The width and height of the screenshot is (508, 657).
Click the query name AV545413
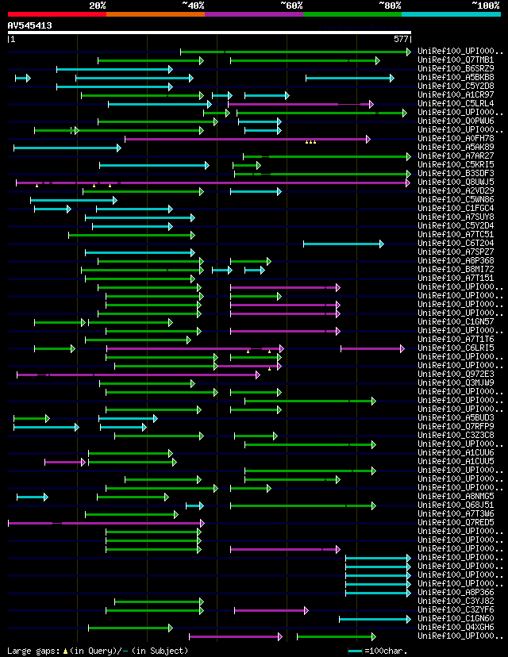30,25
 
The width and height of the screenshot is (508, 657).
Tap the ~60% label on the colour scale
291,5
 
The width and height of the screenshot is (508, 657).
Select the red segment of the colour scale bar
56,13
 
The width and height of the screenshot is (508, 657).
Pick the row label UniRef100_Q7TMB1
456,60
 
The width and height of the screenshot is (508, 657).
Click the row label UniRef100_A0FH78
456,139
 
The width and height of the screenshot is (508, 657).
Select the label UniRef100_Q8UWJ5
456,182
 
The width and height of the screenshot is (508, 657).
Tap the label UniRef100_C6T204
456,244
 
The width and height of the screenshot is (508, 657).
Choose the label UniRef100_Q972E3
456,375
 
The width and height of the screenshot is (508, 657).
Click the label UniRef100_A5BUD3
456,418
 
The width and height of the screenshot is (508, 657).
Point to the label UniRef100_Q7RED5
456,523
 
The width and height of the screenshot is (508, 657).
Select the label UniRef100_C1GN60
456,619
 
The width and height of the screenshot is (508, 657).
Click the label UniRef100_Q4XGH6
456,628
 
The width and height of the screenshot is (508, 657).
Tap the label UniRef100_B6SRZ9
456,69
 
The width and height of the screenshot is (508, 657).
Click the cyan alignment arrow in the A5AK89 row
67,148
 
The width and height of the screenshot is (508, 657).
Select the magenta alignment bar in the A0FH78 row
246,139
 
